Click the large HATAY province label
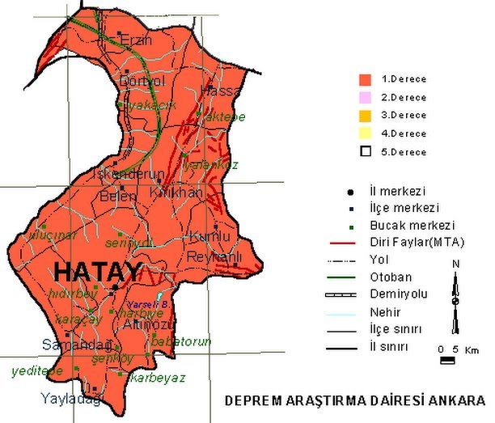[99, 270]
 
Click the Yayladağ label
[70, 399]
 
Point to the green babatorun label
[182, 342]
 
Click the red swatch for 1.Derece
[365, 79]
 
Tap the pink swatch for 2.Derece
[365, 97]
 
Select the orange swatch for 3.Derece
[365, 115]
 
